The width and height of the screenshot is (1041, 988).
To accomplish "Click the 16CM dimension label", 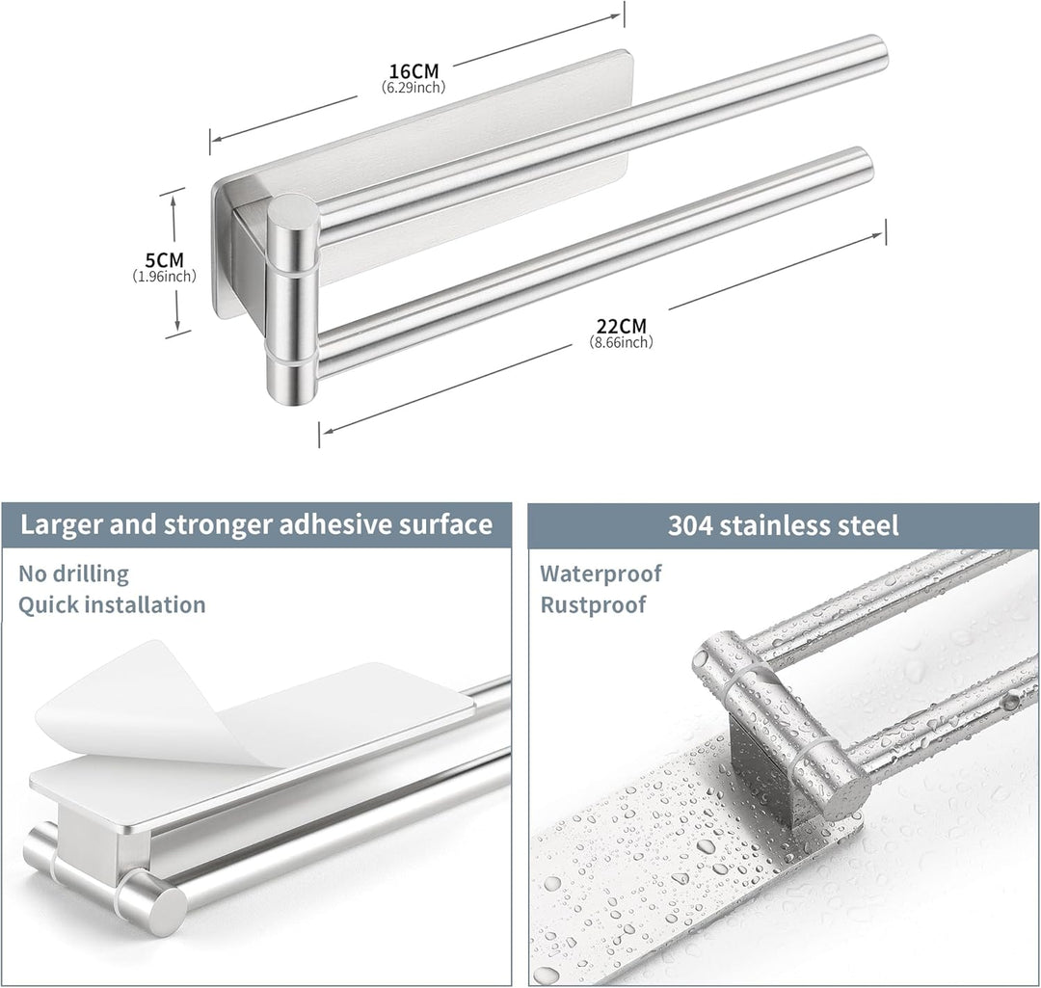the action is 414,70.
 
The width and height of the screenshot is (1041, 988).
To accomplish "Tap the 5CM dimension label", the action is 164,259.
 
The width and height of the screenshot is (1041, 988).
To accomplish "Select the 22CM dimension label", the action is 621,326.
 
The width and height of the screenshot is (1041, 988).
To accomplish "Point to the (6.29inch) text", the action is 414,87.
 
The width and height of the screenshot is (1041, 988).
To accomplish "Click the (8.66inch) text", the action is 621,342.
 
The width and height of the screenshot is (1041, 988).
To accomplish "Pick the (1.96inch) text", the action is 164,277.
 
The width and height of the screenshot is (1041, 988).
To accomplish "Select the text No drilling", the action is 73,573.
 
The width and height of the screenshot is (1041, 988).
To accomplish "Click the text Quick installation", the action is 112,605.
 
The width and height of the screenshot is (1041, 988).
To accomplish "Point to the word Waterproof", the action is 601,574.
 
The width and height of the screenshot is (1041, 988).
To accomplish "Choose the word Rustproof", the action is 593,605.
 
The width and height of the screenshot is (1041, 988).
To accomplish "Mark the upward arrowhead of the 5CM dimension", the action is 173,197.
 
